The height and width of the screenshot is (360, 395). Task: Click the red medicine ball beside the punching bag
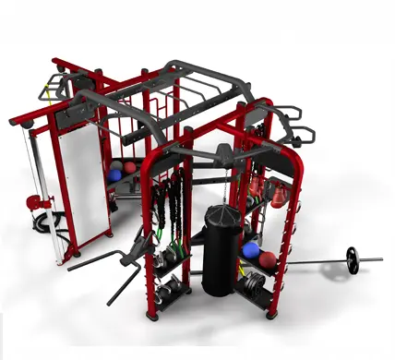pyautogui.click(x=269, y=259)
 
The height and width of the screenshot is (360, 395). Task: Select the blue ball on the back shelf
pyautogui.click(x=115, y=173)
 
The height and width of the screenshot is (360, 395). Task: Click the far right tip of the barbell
pyautogui.click(x=379, y=259)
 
